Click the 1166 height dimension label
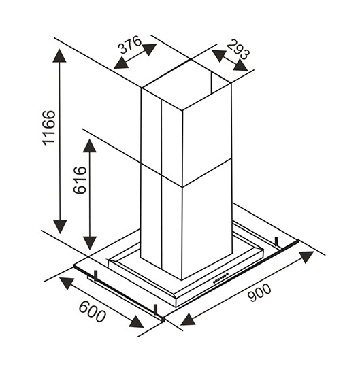pos(49,128)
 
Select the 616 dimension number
pos(80,180)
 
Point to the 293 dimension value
pos(238,50)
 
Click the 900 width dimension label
pos(259,292)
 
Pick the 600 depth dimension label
pos(92,311)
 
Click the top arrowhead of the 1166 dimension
pos(59,55)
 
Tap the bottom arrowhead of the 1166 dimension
pos(60,227)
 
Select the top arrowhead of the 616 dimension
pos(90,146)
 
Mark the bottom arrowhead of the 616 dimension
pos(90,243)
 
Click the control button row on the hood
pos(220,278)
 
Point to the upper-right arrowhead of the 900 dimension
pos(306,256)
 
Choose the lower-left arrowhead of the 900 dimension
pos(189,320)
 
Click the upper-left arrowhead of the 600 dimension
pos(67,283)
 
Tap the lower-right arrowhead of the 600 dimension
pos(136,322)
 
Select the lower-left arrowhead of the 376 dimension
pos(121,63)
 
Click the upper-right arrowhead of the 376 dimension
pos(149,49)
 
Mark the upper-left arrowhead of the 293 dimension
pos(218,55)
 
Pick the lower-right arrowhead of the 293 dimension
pos(240,65)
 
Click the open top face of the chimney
pos(186,85)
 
